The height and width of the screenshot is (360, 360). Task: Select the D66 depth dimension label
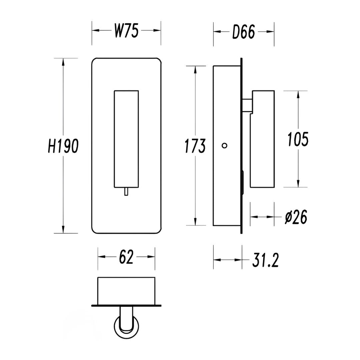pos(244,32)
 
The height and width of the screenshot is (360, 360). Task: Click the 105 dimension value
pos(298,139)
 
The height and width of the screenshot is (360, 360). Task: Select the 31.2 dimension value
pos(265,260)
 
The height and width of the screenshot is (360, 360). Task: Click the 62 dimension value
pos(126,257)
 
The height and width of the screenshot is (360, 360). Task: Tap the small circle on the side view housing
pos(224,145)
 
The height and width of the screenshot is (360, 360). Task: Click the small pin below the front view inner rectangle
pos(126,191)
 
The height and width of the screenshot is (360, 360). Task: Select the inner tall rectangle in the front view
pos(126,139)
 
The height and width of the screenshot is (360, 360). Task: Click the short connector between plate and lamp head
pos(247,105)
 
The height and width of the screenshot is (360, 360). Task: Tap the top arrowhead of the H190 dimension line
pos(63,62)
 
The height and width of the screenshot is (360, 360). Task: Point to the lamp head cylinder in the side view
pos(262,139)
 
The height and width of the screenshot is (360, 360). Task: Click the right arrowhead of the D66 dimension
pos(270,32)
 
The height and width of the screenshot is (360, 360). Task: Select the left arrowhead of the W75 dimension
pos(96,30)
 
